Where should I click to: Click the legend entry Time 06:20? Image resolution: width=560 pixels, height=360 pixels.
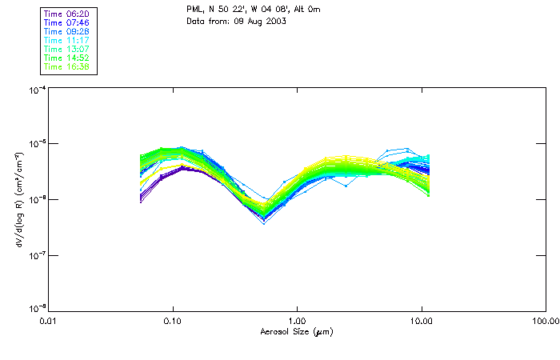(66, 14)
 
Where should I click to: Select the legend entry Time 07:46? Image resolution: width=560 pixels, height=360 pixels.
(66, 22)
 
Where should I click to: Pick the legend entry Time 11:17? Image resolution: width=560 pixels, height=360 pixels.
(66, 40)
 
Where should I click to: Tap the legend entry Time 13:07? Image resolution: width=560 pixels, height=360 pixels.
(66, 49)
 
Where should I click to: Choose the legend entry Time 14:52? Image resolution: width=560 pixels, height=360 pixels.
(66, 58)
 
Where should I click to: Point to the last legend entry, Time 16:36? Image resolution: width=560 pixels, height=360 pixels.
(66, 66)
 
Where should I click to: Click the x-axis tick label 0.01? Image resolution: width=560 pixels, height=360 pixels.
(48, 321)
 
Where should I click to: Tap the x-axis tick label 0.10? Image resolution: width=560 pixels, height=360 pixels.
(173, 321)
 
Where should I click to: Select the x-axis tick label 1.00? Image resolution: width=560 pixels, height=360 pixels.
(297, 321)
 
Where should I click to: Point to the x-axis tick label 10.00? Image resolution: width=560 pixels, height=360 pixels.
(422, 321)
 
